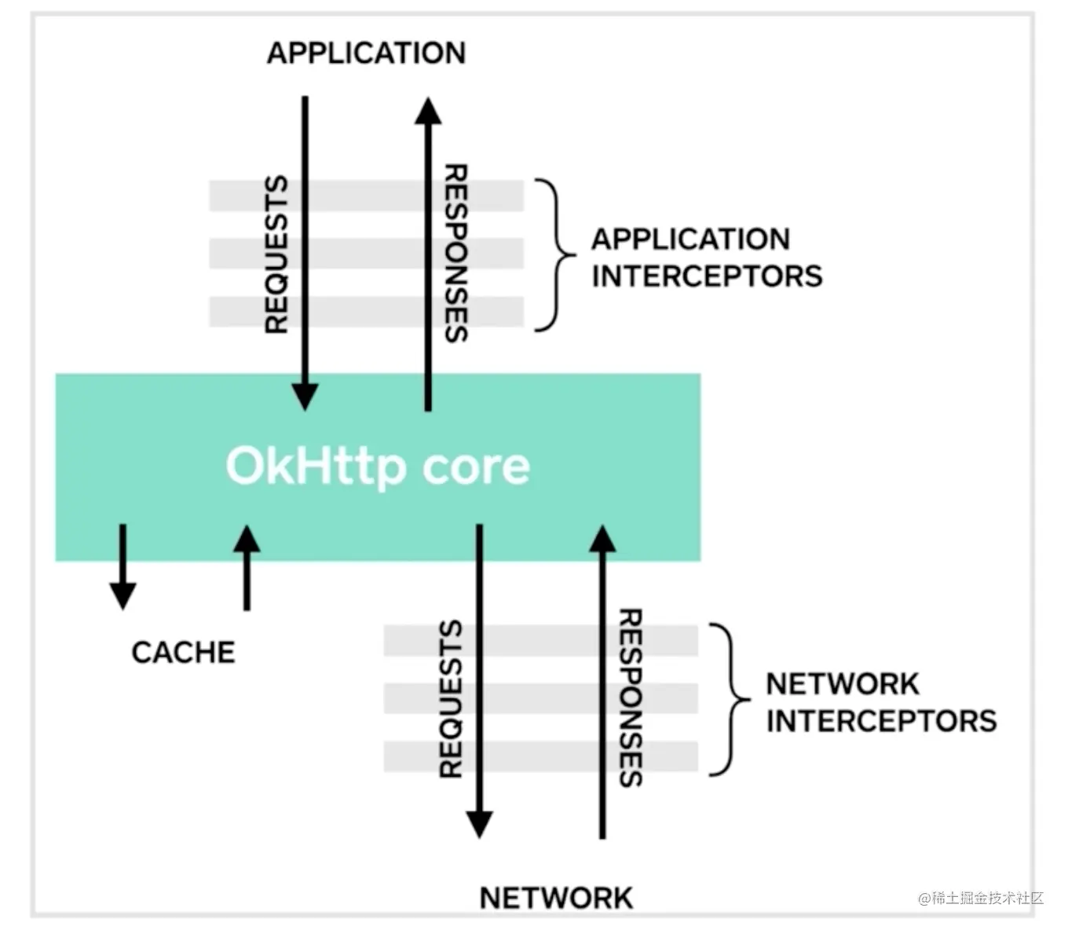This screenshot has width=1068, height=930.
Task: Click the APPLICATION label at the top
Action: tap(366, 53)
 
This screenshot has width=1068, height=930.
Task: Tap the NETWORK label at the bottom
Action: tap(556, 898)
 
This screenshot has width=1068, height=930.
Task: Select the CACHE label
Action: tap(183, 652)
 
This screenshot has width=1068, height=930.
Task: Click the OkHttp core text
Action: tap(378, 466)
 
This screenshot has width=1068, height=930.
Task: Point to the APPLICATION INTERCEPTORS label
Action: tap(706, 258)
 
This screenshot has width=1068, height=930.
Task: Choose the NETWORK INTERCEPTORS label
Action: tap(880, 702)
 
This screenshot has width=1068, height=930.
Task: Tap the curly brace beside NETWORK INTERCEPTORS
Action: tap(730, 699)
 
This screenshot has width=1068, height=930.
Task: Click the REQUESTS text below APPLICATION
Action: tap(276, 254)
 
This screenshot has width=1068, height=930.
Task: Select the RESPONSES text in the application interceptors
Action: tap(456, 252)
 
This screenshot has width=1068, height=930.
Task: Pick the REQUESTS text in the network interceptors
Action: tap(451, 699)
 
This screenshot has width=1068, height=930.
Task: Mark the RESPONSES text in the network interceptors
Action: tap(631, 697)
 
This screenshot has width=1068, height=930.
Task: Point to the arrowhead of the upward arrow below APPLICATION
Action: tap(428, 112)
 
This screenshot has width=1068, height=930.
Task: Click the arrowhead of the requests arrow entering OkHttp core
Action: tap(305, 397)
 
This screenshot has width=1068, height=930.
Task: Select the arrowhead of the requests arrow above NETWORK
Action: tap(479, 825)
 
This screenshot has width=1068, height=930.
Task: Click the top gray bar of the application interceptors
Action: tap(366, 196)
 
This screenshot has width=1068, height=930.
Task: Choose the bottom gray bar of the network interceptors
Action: tap(540, 756)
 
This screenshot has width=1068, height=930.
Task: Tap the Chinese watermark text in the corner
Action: tap(981, 898)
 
